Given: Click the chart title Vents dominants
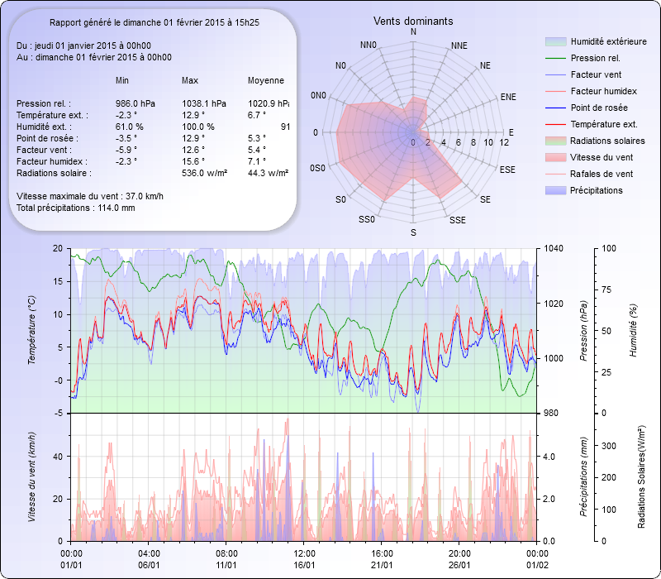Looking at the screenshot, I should (x=413, y=21).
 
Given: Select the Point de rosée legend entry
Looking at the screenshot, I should (x=599, y=108).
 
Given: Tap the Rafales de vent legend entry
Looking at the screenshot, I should (x=602, y=174).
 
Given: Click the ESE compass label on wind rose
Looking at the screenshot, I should (x=509, y=169).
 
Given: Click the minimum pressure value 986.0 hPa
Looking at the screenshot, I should (x=136, y=103).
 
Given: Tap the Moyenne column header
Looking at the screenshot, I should (x=266, y=80).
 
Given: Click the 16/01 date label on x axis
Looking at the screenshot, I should (x=305, y=565).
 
